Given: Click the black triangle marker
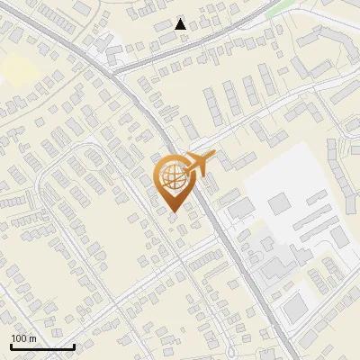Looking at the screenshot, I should pyautogui.click(x=181, y=24).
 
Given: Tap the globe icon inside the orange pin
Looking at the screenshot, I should pyautogui.click(x=173, y=177).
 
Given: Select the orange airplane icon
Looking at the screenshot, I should pyautogui.click(x=198, y=164).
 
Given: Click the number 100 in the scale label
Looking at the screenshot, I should pyautogui.click(x=19, y=338).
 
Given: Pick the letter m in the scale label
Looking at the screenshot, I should pyautogui.click(x=32, y=338).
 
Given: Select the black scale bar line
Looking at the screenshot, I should pyautogui.click(x=42, y=347).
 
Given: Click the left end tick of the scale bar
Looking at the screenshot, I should pyautogui.click(x=12, y=346).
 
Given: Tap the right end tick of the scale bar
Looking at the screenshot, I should pyautogui.click(x=74, y=346).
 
